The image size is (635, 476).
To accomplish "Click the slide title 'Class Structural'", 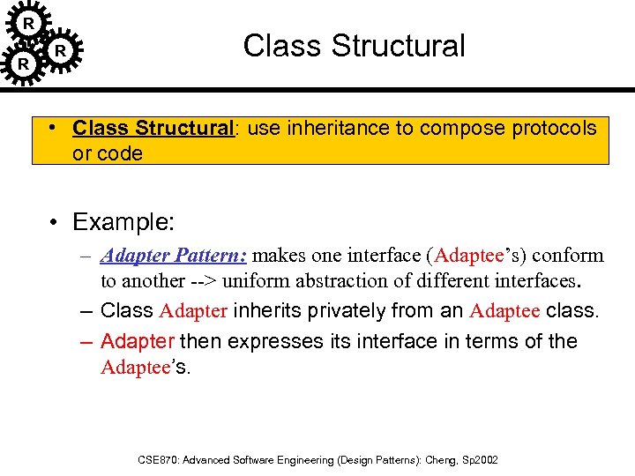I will point(354,46).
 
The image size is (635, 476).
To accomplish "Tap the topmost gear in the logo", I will point(29,23).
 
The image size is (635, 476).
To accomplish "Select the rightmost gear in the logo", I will point(60,51).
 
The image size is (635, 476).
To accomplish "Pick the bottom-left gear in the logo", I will point(23,63).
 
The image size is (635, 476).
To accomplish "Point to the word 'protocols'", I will point(552,128).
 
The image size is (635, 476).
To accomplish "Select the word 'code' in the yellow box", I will point(120,153).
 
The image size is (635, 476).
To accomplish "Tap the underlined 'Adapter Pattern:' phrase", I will point(176,257).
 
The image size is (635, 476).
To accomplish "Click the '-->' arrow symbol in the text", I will point(209,282).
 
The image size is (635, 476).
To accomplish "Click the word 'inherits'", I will point(263,311).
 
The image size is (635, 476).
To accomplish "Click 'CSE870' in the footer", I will point(158,460).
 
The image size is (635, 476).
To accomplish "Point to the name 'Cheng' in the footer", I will point(438,460).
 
